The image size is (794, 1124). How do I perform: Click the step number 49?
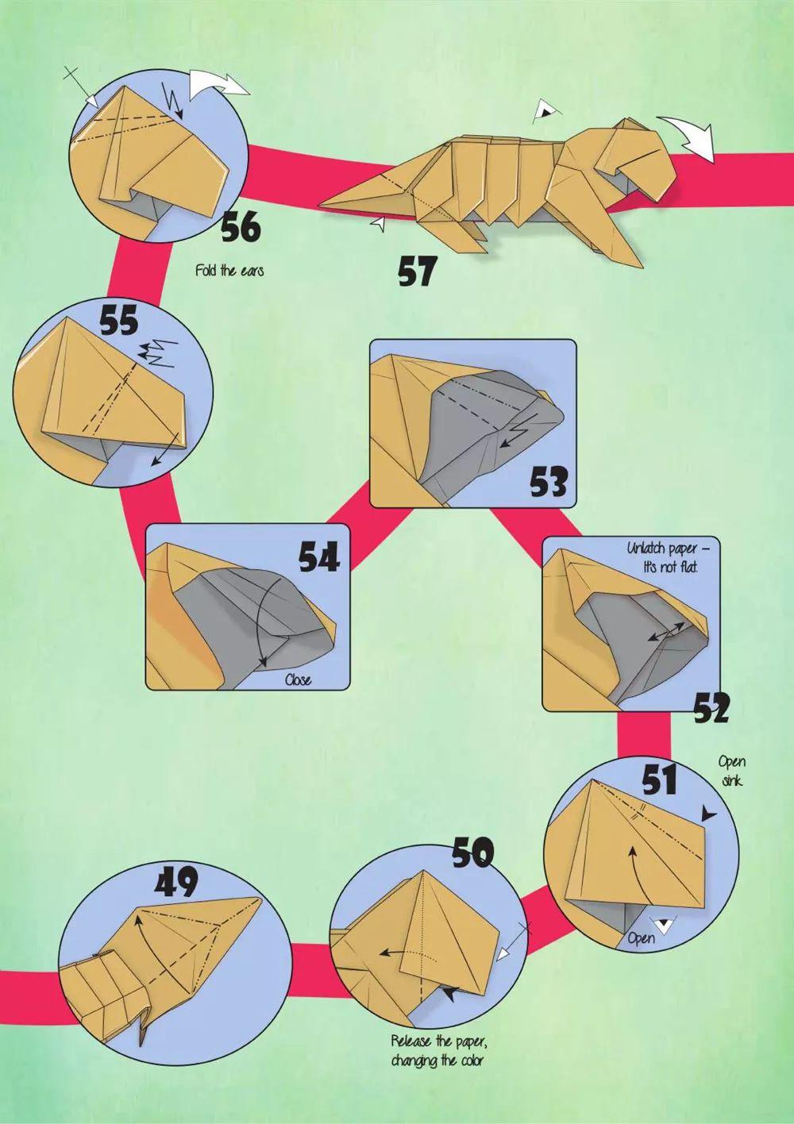[x=176, y=882]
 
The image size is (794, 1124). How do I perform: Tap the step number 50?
[x=472, y=853]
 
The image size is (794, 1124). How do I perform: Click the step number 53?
[x=549, y=482]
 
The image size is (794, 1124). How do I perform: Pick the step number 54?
[x=320, y=558]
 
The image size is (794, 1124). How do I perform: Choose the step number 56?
[x=241, y=226]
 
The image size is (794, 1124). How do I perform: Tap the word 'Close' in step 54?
[x=298, y=679]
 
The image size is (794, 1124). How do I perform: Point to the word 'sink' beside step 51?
[x=731, y=781]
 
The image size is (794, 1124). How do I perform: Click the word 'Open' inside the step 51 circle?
[x=641, y=937]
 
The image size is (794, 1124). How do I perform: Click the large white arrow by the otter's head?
[x=686, y=136]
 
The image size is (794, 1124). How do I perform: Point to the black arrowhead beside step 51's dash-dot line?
[x=708, y=814]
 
